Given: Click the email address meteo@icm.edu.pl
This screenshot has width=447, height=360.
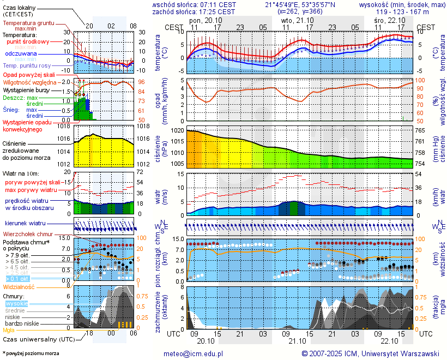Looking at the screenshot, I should [x=194, y=353].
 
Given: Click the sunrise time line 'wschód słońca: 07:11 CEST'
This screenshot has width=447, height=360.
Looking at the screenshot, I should [x=194, y=4].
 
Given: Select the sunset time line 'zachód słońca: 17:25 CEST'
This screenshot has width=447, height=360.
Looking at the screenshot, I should [x=194, y=11].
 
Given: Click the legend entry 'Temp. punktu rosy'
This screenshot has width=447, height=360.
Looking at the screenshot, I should [x=28, y=65].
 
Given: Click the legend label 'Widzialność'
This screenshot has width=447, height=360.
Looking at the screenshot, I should [x=19, y=286].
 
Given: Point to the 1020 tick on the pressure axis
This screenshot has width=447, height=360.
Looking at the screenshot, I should [x=178, y=131].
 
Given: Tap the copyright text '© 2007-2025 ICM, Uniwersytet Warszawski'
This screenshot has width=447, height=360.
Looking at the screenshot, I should [x=370, y=353].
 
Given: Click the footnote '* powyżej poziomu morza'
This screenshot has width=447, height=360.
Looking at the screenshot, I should [x=31, y=353].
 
